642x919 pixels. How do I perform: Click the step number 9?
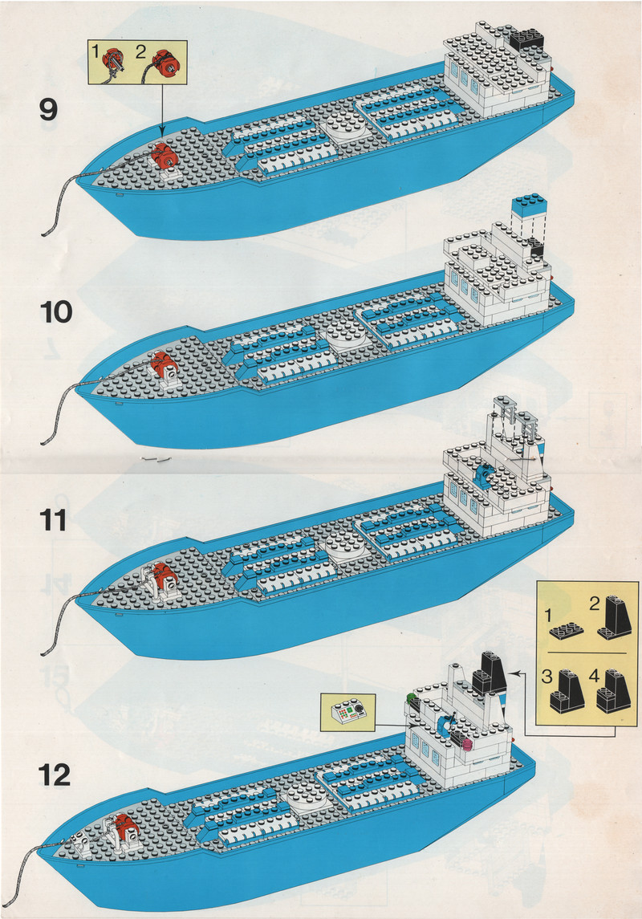point(48,109)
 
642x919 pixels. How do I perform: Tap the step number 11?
point(53,519)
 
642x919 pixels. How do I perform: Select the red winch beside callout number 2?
point(167,62)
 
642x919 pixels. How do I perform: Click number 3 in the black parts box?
point(545,677)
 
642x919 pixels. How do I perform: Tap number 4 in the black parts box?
point(595,676)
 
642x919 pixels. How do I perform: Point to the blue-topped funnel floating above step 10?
point(529,211)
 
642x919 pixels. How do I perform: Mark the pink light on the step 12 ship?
point(467,742)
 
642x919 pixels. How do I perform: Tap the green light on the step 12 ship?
point(411,698)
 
